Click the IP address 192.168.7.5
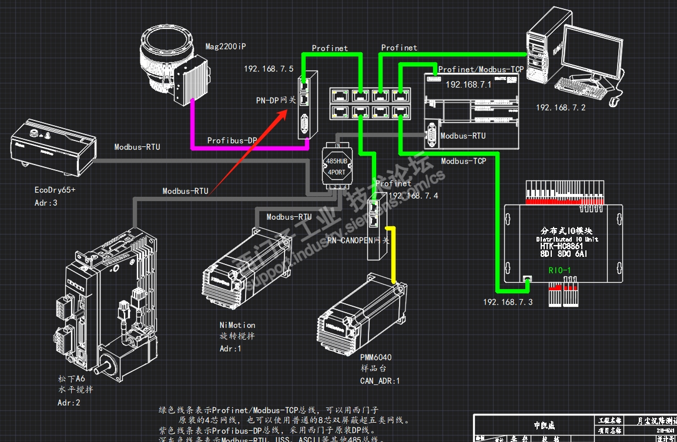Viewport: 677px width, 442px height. tap(269, 69)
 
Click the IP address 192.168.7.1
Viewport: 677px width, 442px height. tap(468, 85)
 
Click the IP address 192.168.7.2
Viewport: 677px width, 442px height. tap(560, 108)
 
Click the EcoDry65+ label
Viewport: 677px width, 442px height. tap(55, 190)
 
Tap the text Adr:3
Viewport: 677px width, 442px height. tap(46, 203)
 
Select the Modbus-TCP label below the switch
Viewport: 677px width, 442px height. tap(464, 161)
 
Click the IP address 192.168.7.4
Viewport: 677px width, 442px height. tap(413, 196)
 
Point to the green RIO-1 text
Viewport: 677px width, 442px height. tap(559, 270)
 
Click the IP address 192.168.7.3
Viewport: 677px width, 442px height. tap(508, 302)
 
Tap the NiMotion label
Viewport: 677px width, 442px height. tap(237, 325)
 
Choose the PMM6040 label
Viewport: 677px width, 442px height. tap(376, 357)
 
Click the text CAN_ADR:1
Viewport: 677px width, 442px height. tap(380, 381)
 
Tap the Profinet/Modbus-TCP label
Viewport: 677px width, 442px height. tap(481, 69)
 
